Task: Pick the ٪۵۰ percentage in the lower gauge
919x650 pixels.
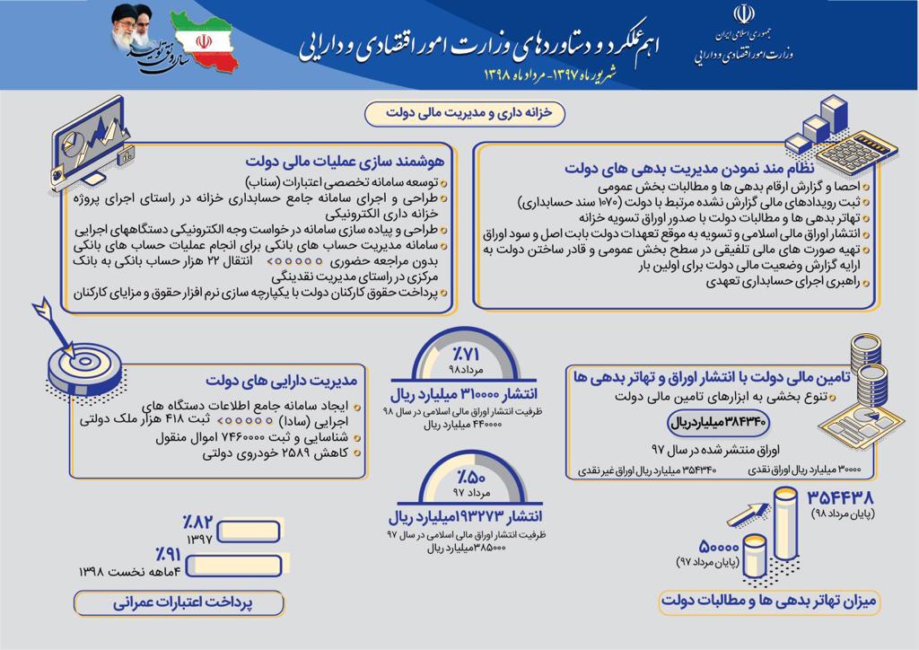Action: [463, 476]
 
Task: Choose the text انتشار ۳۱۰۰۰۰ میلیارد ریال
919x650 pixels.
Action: [463, 395]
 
